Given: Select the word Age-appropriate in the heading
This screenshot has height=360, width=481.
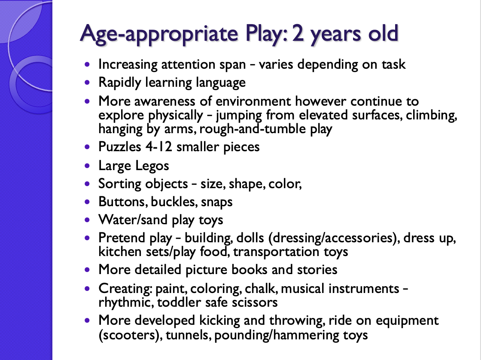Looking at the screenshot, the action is [x=159, y=34].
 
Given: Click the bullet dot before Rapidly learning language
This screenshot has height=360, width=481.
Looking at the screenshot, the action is [x=88, y=82].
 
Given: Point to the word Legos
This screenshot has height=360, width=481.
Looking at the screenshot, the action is [x=152, y=166].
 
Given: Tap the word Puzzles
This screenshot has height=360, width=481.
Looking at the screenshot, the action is [x=120, y=146].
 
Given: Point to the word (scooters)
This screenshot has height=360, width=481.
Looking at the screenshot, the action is [x=131, y=335].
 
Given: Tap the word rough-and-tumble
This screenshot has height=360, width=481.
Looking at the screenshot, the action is [x=253, y=129].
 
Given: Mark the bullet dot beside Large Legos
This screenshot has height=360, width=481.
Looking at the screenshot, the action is [x=88, y=166].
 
